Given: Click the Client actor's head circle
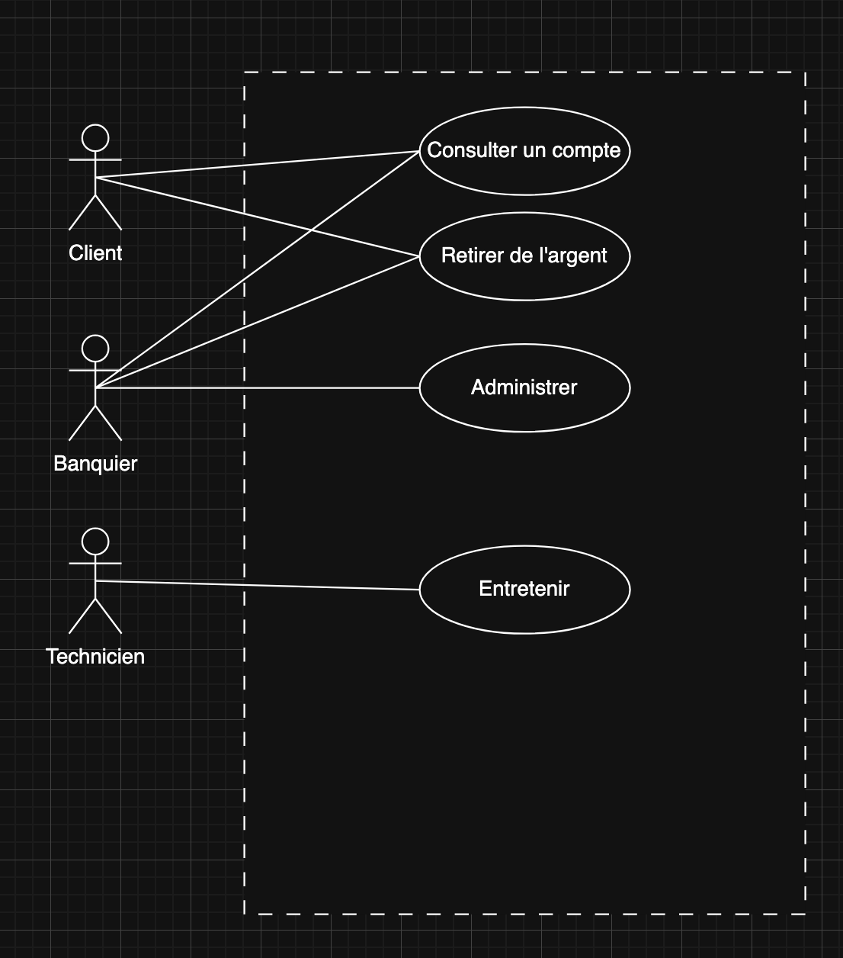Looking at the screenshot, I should pyautogui.click(x=95, y=138).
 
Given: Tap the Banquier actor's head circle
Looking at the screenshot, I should pyautogui.click(x=95, y=348).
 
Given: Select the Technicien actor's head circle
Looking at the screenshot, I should pyautogui.click(x=95, y=542).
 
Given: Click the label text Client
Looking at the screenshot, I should pyautogui.click(x=95, y=253).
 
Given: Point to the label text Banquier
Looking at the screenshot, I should pyautogui.click(x=95, y=464).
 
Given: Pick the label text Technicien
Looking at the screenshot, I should pyautogui.click(x=95, y=657).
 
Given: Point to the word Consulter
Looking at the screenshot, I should pyautogui.click(x=462, y=150).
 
